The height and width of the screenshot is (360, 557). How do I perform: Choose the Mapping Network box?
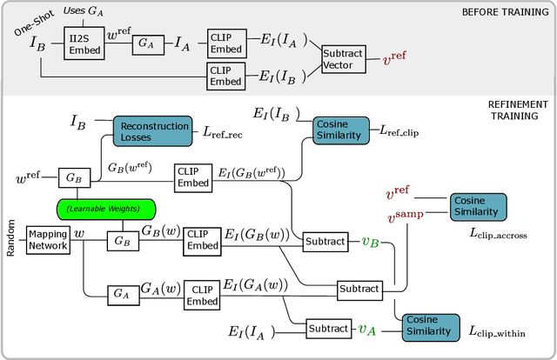point(46,239)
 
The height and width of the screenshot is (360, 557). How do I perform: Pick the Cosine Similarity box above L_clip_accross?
point(478,206)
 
